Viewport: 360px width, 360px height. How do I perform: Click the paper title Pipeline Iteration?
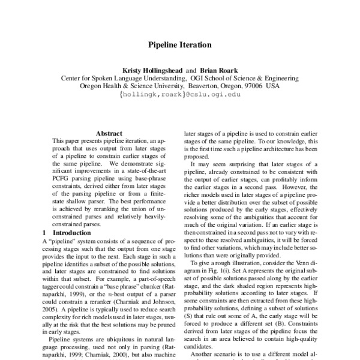(x=179, y=44)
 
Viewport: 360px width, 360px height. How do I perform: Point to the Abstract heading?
(x=109, y=133)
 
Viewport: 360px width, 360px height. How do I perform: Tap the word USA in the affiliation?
(x=273, y=86)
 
